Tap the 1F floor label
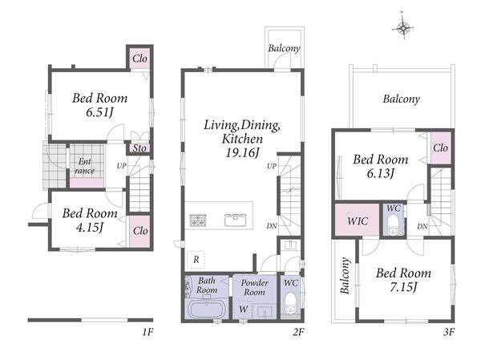pos(148,332)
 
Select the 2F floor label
pos(298,332)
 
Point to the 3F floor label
pos(448,332)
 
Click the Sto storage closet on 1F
pos(139,148)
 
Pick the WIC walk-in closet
pos(358,220)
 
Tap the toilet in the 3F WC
pos(393,224)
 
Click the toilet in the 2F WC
pos(290,303)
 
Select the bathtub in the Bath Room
pos(208,309)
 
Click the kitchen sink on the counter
pos(235,220)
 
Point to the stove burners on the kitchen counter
pos(198,220)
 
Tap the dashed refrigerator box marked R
pos(196,260)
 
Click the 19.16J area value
pos(243,152)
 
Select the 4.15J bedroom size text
pos(89,228)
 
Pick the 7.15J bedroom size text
pos(403,287)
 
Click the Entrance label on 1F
pos(85,166)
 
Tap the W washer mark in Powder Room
pos(243,309)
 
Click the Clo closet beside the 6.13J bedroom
pos(441,148)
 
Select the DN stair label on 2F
pos(272,226)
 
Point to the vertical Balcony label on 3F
pos(345,275)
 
